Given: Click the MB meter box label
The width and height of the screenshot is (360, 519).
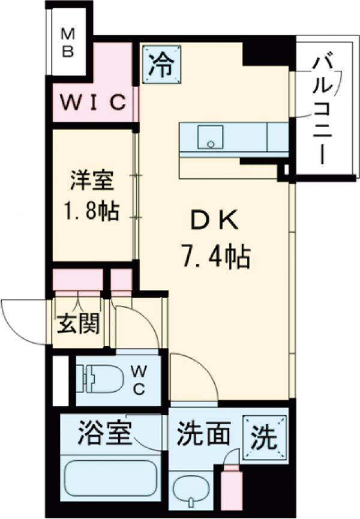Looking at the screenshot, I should click(x=68, y=43).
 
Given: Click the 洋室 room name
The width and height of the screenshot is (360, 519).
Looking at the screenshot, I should click(x=92, y=180).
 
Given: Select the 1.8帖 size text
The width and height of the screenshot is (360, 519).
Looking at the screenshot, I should click(x=92, y=211).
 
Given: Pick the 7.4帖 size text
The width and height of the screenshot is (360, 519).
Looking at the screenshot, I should click(x=214, y=258).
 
